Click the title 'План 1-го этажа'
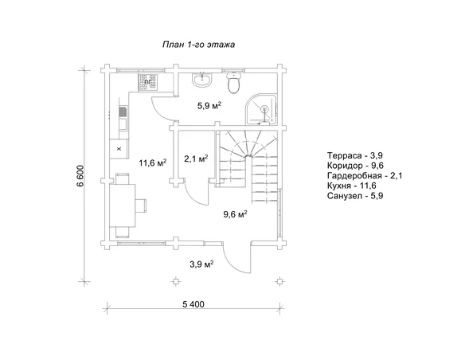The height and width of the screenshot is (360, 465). coord(198,45)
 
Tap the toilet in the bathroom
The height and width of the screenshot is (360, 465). coord(233,83)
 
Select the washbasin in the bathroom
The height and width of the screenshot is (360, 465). coord(202,80)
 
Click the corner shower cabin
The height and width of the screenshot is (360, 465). coord(262,109)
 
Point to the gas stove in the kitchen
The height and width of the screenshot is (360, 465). coord(148,82)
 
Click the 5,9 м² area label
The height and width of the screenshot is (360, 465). coord(209,106)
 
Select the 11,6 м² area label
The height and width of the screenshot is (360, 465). coord(152,162)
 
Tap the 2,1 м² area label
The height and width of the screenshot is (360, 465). coord(196,159)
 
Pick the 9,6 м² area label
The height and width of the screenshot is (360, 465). coord(235,213)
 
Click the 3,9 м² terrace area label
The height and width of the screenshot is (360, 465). coord(202,264)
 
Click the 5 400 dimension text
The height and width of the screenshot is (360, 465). coord(193,304)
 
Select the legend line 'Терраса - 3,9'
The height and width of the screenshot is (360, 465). coord(355,155)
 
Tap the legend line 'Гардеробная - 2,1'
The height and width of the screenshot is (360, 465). coord(365,176)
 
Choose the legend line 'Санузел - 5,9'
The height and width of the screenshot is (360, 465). coord(355,196)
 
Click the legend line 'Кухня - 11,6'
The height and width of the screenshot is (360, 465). coord(352,186)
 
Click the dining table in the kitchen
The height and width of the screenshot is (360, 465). coord(123,205)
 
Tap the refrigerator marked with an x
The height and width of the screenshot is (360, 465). coord(119,149)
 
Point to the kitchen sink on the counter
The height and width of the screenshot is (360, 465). coord(123,112)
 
